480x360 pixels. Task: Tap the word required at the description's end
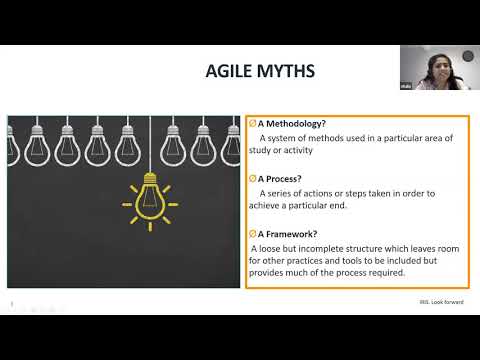point(386,273)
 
